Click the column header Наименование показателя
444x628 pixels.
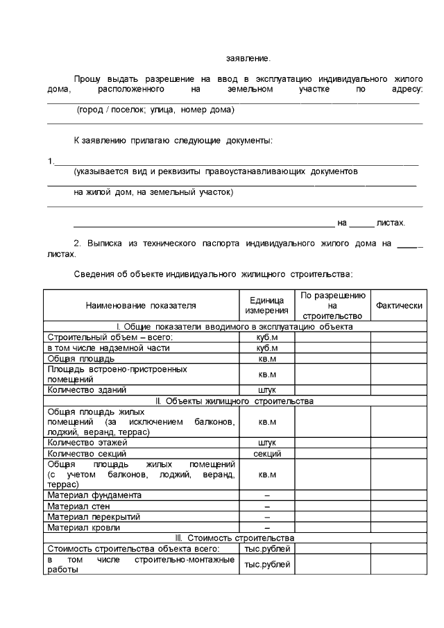141,305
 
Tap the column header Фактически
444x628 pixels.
398,305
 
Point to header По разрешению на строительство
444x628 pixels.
332,305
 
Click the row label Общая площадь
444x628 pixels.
76,359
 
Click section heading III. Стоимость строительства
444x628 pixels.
234,538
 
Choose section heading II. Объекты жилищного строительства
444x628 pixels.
234,401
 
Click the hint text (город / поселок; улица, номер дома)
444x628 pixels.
155,110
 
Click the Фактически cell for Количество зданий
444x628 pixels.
398,390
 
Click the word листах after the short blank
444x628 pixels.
390,223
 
